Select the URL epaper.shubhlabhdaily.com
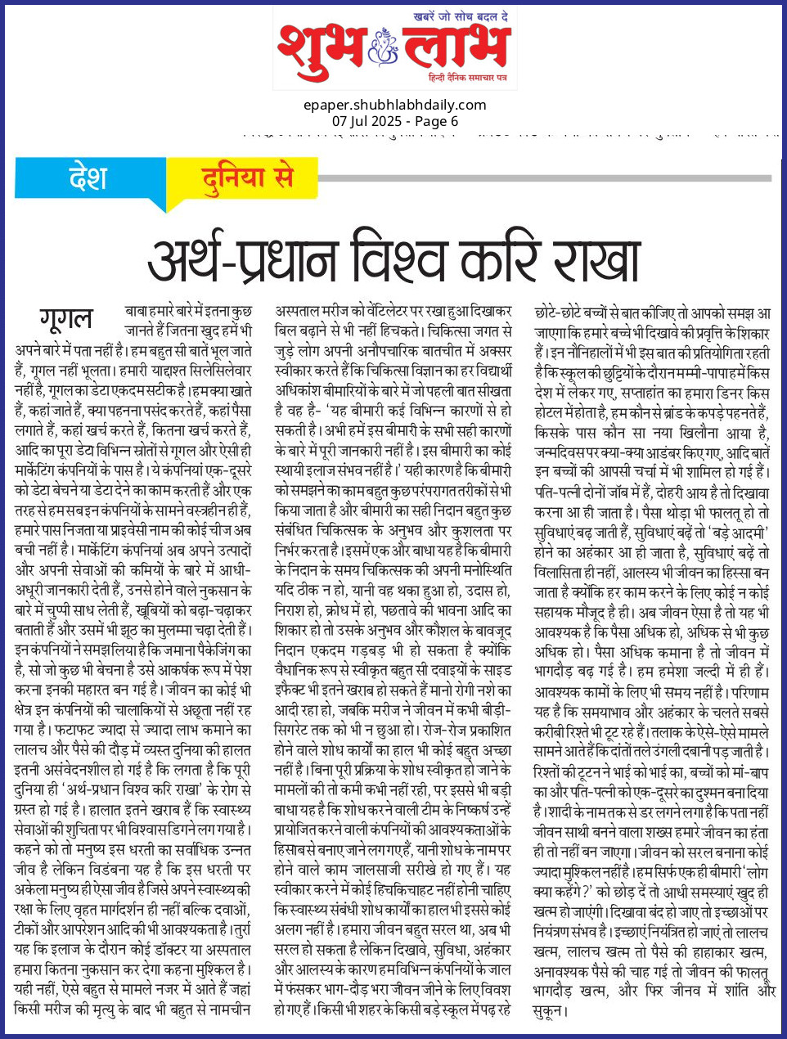[x=394, y=105]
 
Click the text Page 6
[x=437, y=121]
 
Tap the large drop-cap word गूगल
[x=66, y=319]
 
